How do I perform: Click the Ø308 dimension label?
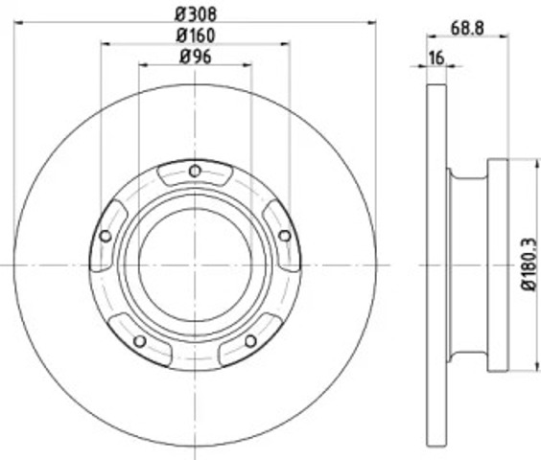196,13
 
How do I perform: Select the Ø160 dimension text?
196,35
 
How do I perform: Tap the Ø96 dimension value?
196,57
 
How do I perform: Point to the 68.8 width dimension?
467,28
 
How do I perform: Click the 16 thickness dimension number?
436,57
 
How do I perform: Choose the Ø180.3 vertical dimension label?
529,264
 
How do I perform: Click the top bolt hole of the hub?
195,171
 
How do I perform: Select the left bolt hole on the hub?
106,236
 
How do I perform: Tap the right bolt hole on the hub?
285,236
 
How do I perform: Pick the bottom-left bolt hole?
140,341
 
